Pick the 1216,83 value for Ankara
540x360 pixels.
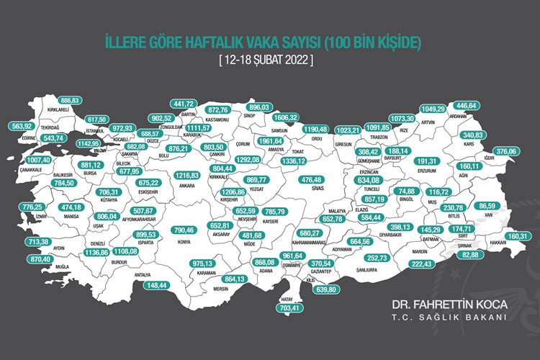(x=186, y=175)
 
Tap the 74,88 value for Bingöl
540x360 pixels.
(x=408, y=192)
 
